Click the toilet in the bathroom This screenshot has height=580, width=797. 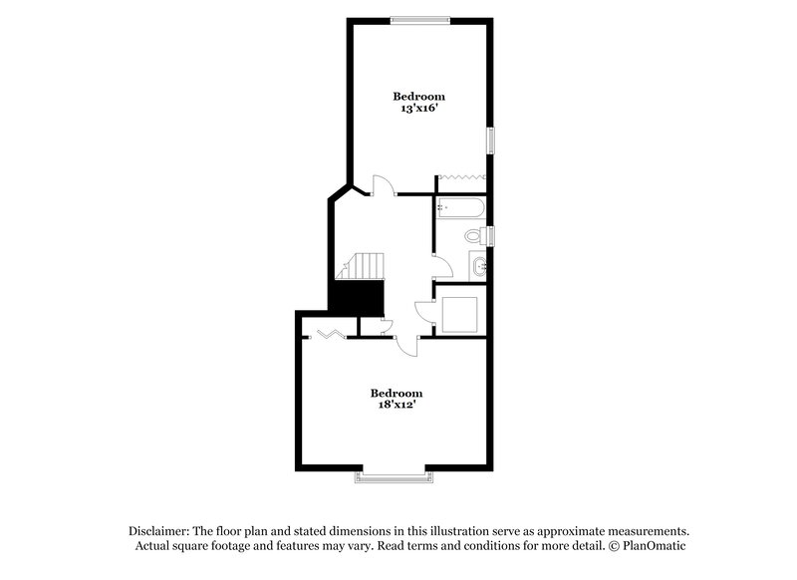pyautogui.click(x=475, y=236)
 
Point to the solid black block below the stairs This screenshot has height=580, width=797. pyautogui.click(x=358, y=297)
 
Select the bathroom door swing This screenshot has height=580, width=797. pyautogui.click(x=440, y=265)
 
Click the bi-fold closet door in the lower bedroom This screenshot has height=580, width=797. pyautogui.click(x=330, y=333)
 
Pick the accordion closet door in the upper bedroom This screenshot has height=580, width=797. pyautogui.click(x=461, y=175)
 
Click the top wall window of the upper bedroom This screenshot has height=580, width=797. pyautogui.click(x=419, y=20)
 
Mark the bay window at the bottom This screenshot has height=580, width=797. pyautogui.click(x=395, y=476)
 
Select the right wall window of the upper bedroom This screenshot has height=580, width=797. pyautogui.click(x=489, y=140)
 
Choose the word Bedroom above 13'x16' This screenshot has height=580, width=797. pyautogui.click(x=418, y=96)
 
